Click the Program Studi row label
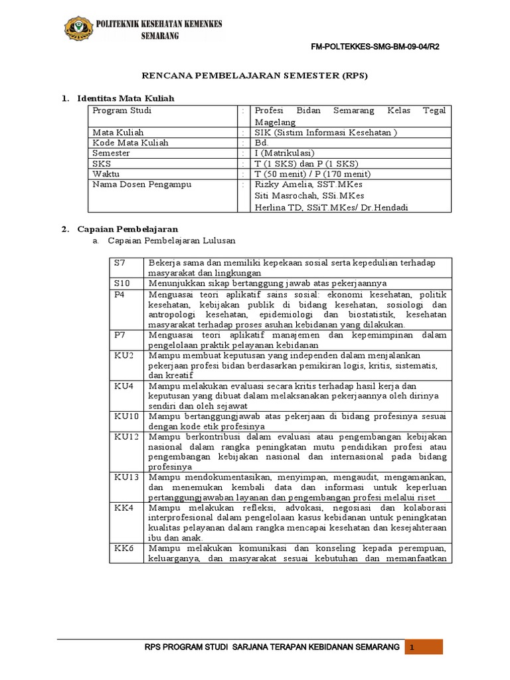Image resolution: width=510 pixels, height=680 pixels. click(x=118, y=110)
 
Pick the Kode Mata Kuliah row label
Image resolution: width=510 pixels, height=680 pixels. click(x=130, y=142)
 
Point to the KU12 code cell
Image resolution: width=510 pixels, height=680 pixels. click(x=126, y=437)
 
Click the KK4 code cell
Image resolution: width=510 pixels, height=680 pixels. click(x=124, y=507)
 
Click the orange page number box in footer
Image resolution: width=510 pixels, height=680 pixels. click(x=424, y=647)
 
